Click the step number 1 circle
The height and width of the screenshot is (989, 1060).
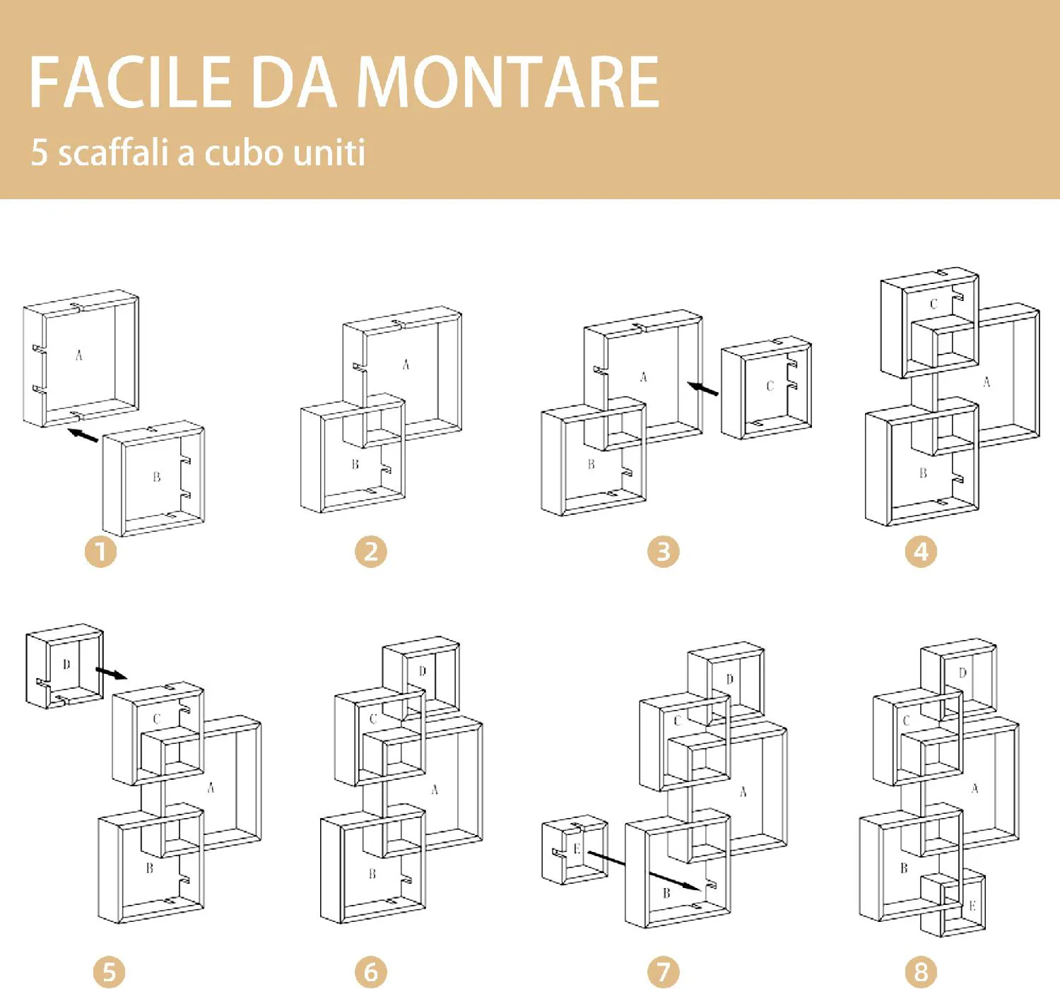tap(100, 551)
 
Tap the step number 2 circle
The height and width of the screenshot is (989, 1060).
tap(371, 551)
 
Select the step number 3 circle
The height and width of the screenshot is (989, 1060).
tap(664, 551)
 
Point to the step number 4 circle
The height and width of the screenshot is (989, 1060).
tap(921, 551)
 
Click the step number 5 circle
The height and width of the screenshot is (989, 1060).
tap(109, 972)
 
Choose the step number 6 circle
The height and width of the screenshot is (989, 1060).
tap(371, 972)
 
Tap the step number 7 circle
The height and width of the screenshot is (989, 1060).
tap(664, 972)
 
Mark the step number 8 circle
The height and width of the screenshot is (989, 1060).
tap(921, 972)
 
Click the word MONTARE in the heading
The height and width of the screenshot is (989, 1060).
tap(508, 82)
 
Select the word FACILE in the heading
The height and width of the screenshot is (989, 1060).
tap(130, 82)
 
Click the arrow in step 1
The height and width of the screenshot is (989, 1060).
tap(83, 434)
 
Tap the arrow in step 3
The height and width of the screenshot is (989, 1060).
tap(702, 388)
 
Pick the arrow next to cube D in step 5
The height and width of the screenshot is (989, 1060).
tap(112, 673)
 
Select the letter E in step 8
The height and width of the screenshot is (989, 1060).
tap(972, 906)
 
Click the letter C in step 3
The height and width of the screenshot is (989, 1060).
tap(770, 386)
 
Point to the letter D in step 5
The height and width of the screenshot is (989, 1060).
tap(66, 665)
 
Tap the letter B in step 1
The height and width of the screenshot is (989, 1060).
tap(156, 477)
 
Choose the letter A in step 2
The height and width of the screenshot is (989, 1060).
tap(406, 365)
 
